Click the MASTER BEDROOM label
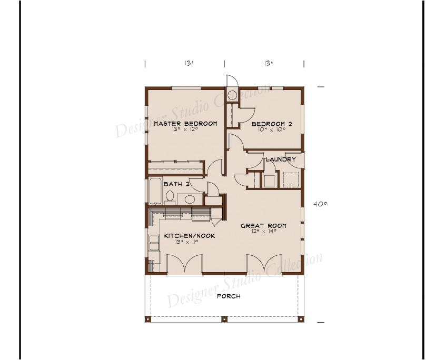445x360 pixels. [185, 124]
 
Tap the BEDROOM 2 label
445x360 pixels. [272, 124]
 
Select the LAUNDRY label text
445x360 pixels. [280, 159]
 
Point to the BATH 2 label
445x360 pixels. [173, 184]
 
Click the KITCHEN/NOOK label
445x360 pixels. [189, 236]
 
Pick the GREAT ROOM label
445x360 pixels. [263, 226]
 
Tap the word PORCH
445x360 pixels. [229, 296]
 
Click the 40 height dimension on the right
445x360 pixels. [320, 204]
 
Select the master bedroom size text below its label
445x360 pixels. [185, 129]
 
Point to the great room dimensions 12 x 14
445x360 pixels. [263, 232]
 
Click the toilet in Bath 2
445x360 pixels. [170, 197]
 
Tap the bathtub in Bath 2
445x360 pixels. [155, 192]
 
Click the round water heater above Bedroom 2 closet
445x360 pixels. [232, 95]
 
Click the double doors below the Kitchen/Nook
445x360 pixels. [184, 264]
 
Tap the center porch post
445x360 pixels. [225, 319]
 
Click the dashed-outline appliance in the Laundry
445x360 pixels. [290, 179]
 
